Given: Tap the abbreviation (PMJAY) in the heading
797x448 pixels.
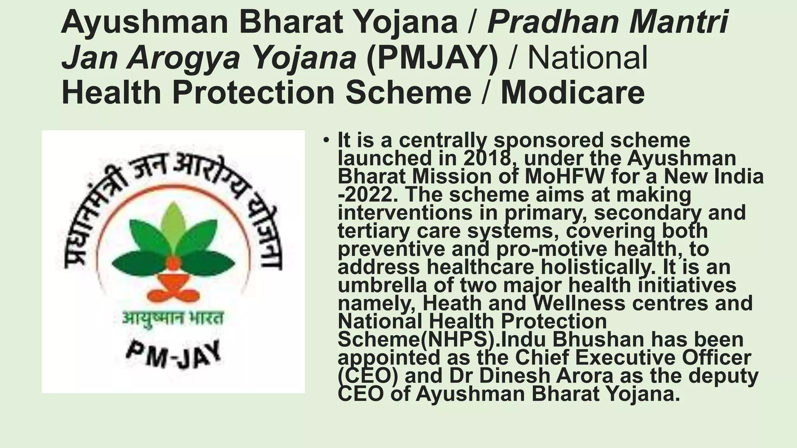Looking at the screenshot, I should [x=432, y=58].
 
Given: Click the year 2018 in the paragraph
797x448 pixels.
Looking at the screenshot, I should [x=486, y=158].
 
